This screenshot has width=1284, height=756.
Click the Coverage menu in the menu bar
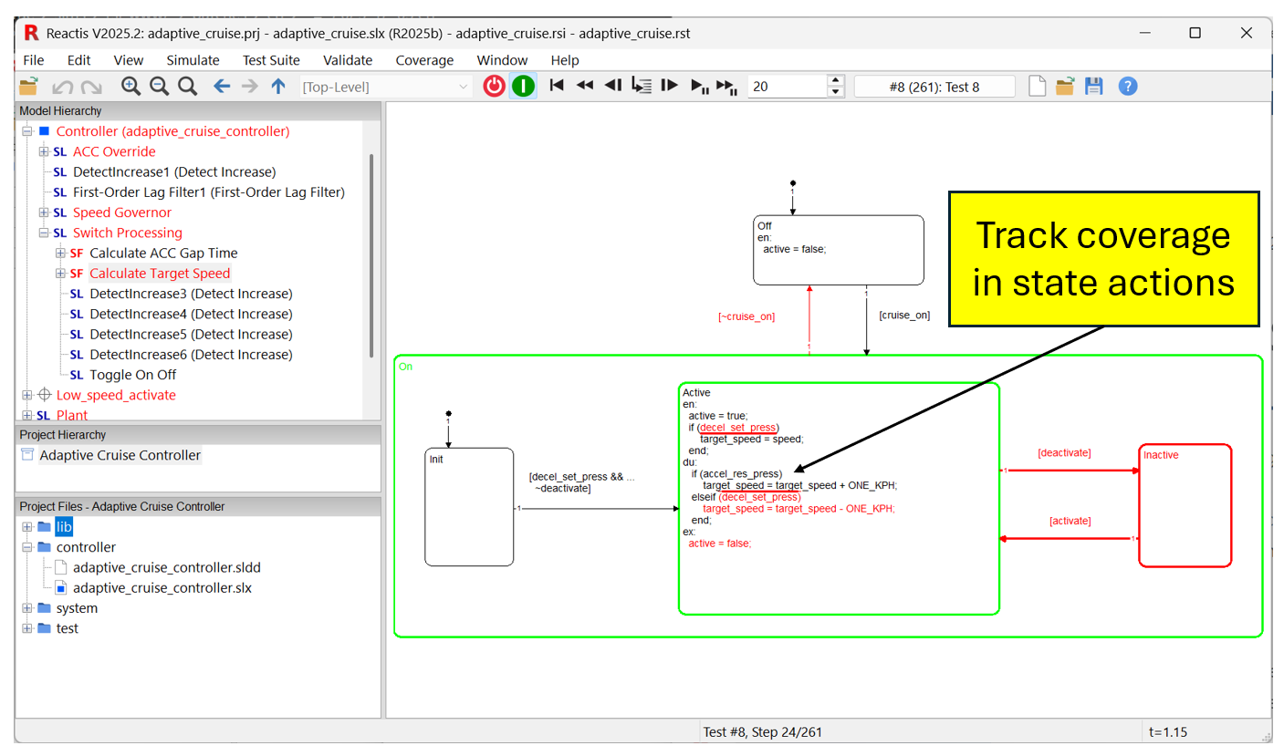click(x=424, y=60)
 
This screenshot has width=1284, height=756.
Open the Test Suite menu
click(x=271, y=60)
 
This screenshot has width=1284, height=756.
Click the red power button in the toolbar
click(x=494, y=87)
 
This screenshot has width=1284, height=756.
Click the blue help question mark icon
click(x=1128, y=87)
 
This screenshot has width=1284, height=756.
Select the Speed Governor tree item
click(x=122, y=212)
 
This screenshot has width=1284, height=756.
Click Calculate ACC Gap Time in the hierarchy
click(x=163, y=254)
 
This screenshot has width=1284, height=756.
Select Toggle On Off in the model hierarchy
click(x=132, y=375)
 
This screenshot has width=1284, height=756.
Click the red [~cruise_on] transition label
click(x=746, y=316)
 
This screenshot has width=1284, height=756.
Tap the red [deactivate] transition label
click(x=1064, y=452)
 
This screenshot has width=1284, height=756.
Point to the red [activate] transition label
click(x=1070, y=521)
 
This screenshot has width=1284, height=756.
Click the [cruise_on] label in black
click(x=904, y=315)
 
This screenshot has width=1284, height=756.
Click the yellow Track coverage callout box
click(x=1103, y=259)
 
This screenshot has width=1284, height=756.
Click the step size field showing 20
click(x=786, y=87)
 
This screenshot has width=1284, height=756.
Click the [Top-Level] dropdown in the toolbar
click(x=384, y=87)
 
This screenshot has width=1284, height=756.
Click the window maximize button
click(x=1195, y=33)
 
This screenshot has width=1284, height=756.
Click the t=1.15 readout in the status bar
click(x=1167, y=731)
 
